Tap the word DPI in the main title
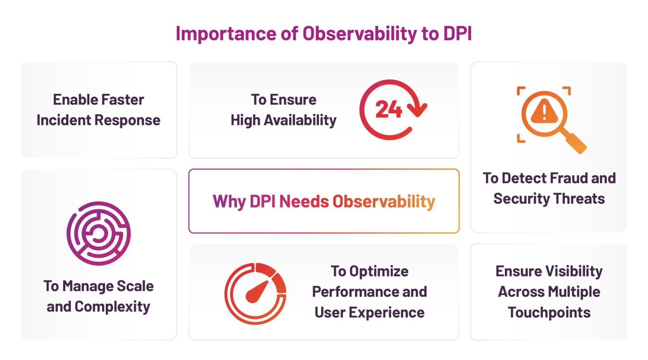coord(457,34)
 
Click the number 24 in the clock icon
coord(388,110)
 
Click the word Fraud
coord(569,178)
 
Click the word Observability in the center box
coord(384,202)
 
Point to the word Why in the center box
coord(229,202)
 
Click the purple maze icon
coord(98,234)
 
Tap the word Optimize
coord(379,272)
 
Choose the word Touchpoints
coord(549,313)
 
